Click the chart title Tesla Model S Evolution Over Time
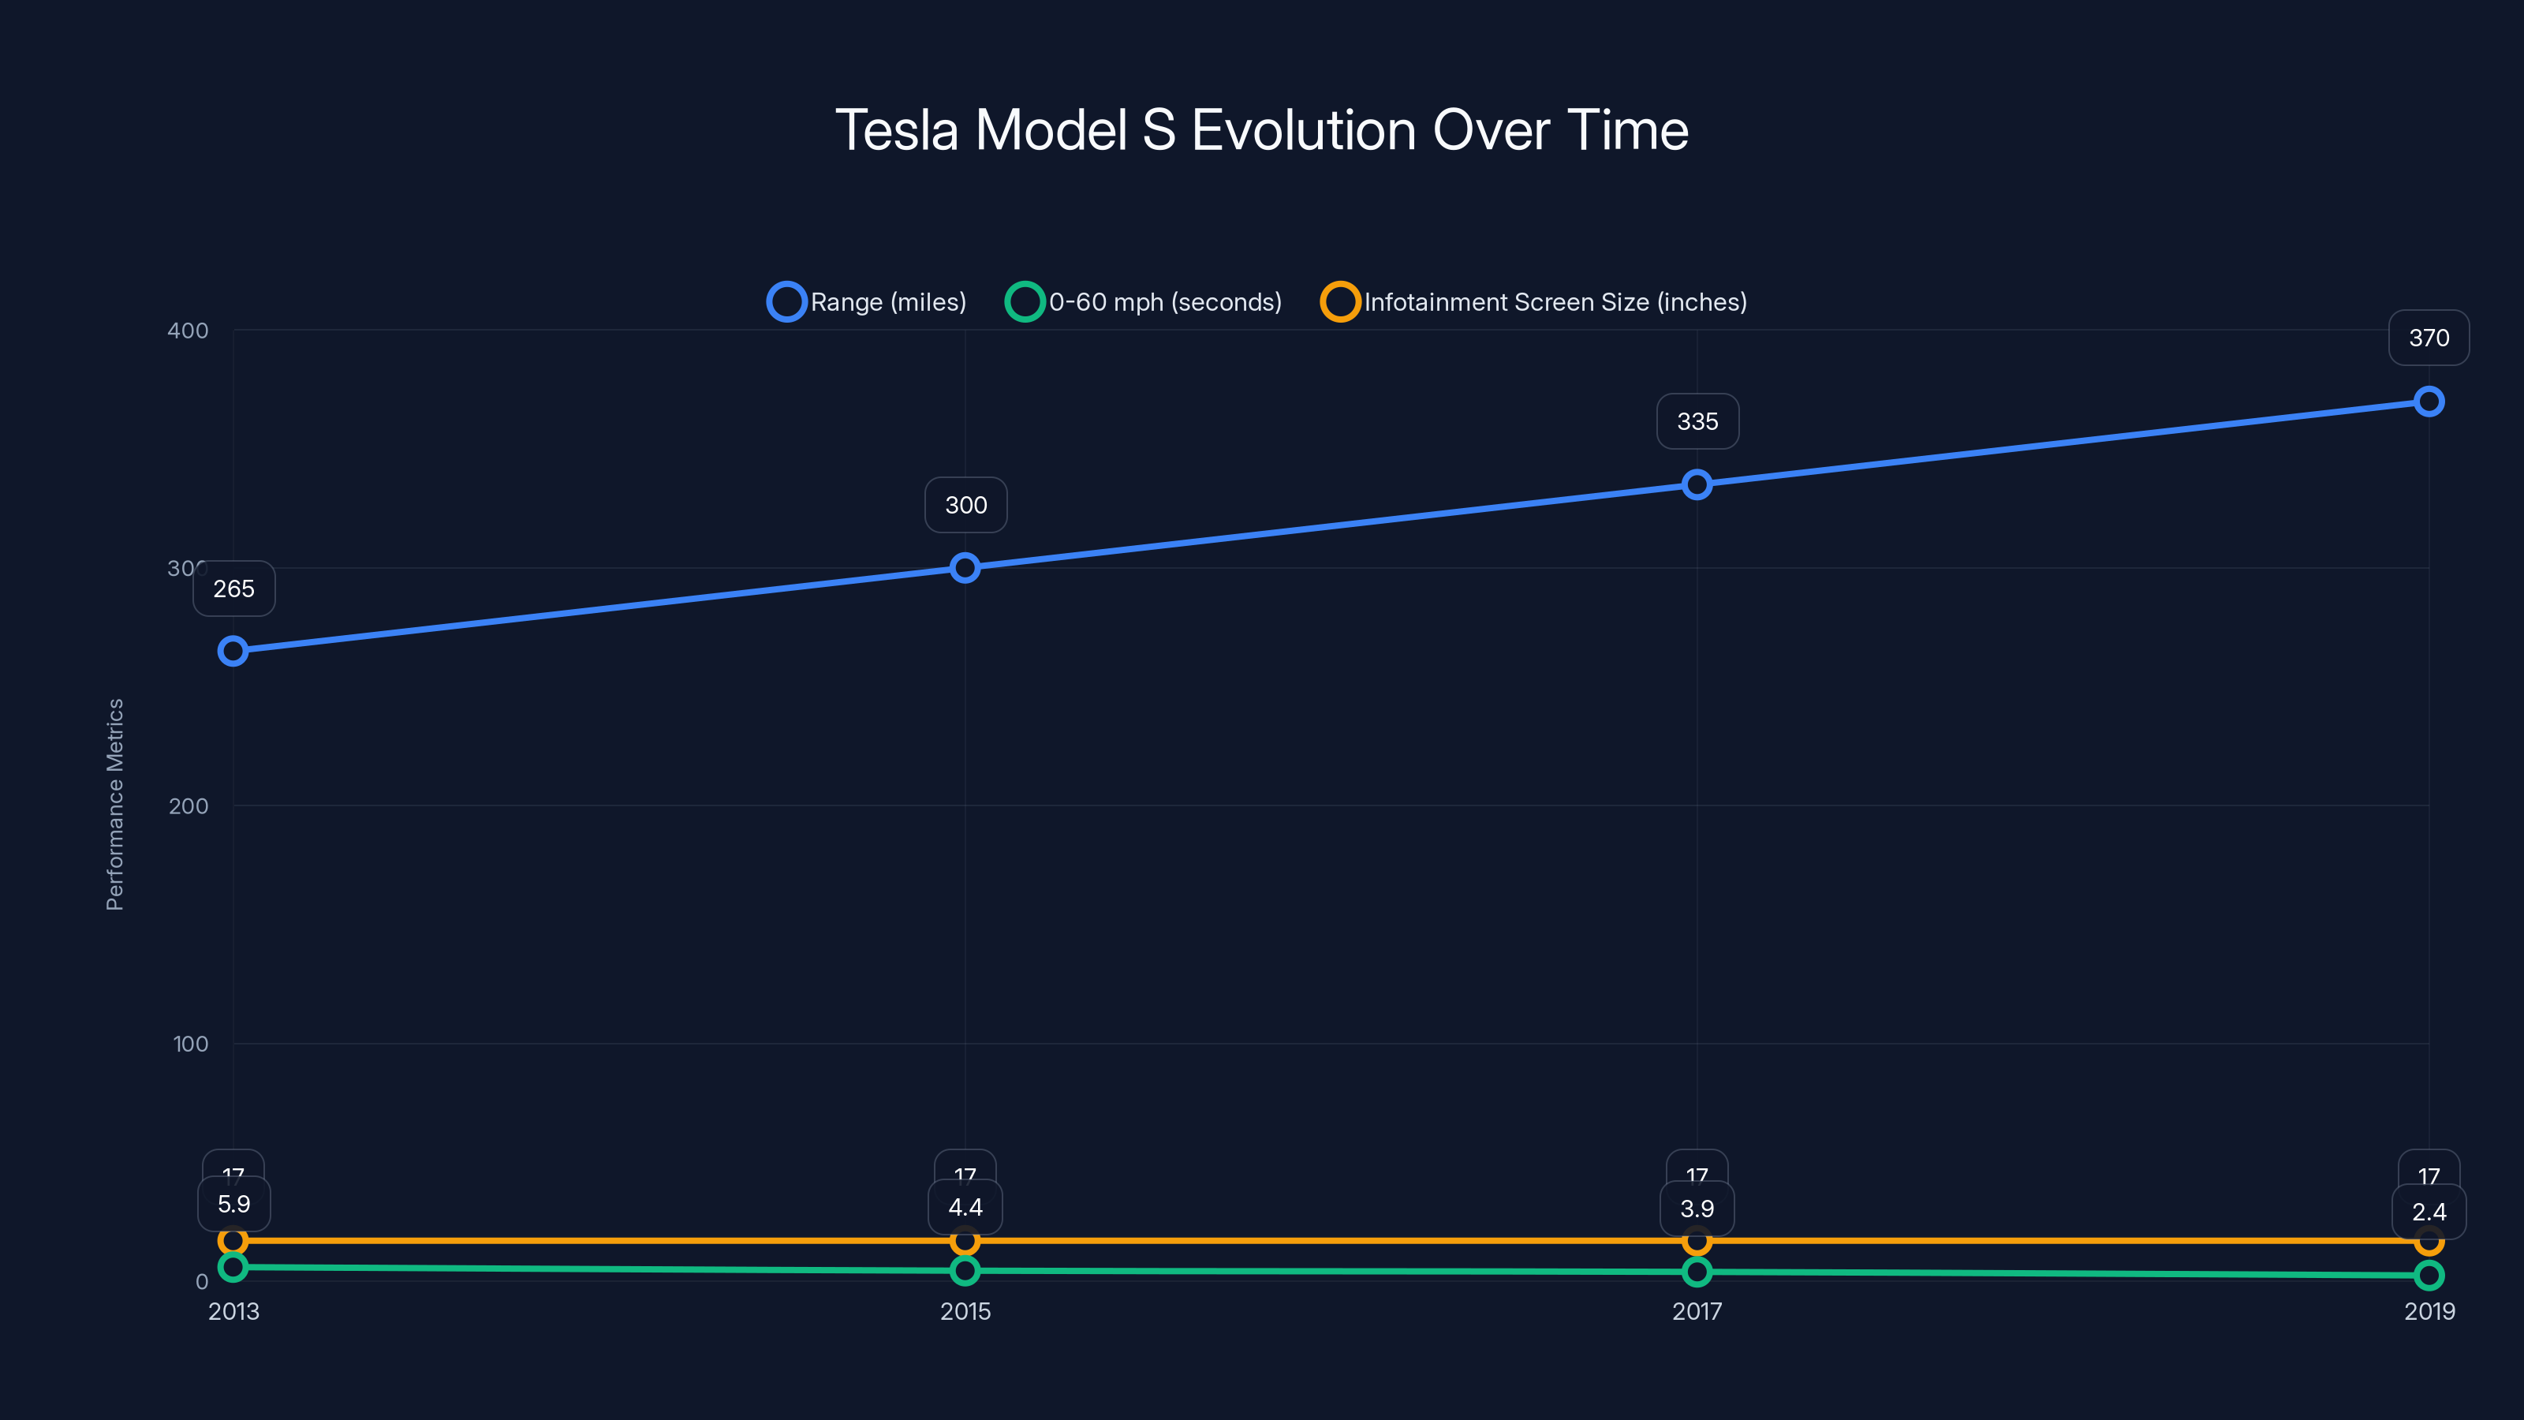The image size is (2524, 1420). pos(1261,130)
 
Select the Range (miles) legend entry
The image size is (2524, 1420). pos(867,302)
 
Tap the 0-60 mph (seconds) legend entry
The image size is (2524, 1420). pos(1144,302)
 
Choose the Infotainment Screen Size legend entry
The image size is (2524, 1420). pos(1534,302)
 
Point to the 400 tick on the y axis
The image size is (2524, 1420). pos(189,331)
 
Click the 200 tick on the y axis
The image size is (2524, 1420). pos(189,805)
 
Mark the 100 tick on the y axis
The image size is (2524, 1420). pos(190,1044)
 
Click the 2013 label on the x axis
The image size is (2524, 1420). pos(233,1311)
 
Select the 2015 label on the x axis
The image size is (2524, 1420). pos(965,1311)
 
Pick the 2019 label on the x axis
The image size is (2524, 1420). pos(2429,1311)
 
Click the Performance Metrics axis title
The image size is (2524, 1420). pos(114,804)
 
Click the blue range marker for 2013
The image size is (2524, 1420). pos(233,651)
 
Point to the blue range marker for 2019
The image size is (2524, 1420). pos(2429,401)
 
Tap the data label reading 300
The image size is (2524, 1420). pos(966,505)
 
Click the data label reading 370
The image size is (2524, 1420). pos(2429,338)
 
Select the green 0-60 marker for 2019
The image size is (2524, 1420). pos(2429,1275)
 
